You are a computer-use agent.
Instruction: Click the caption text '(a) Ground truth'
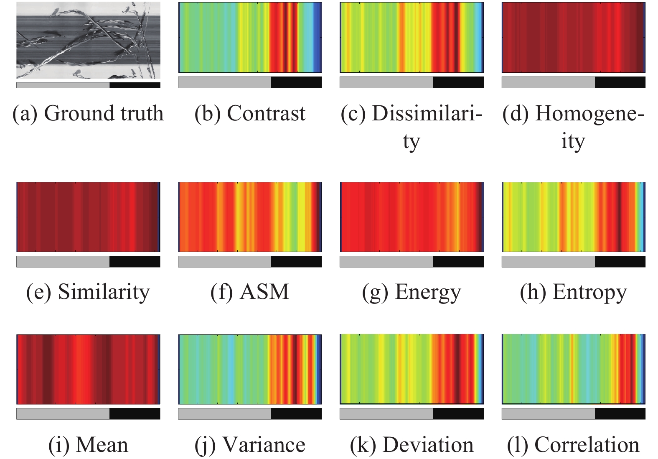88,114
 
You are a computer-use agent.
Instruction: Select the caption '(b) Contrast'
250,114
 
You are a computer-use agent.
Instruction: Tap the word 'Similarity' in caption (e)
104,292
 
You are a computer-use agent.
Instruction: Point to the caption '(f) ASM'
250,292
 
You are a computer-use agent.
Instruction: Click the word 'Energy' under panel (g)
428,292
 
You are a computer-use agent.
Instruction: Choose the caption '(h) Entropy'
573,292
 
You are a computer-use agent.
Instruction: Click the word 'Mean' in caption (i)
102,445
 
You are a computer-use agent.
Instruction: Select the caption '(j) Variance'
250,445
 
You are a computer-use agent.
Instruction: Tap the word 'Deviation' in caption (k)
428,445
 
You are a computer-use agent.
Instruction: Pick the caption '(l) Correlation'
573,445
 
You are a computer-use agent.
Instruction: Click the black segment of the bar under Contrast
296,82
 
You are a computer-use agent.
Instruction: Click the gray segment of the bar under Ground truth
63,85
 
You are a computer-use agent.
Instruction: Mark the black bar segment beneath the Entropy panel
620,262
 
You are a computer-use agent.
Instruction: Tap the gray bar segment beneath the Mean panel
63,414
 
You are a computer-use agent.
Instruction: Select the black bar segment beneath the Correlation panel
620,414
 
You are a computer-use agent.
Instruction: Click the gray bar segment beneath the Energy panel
386,262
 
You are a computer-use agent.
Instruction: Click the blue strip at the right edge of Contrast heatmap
319,38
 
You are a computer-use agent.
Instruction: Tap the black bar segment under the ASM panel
296,262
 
